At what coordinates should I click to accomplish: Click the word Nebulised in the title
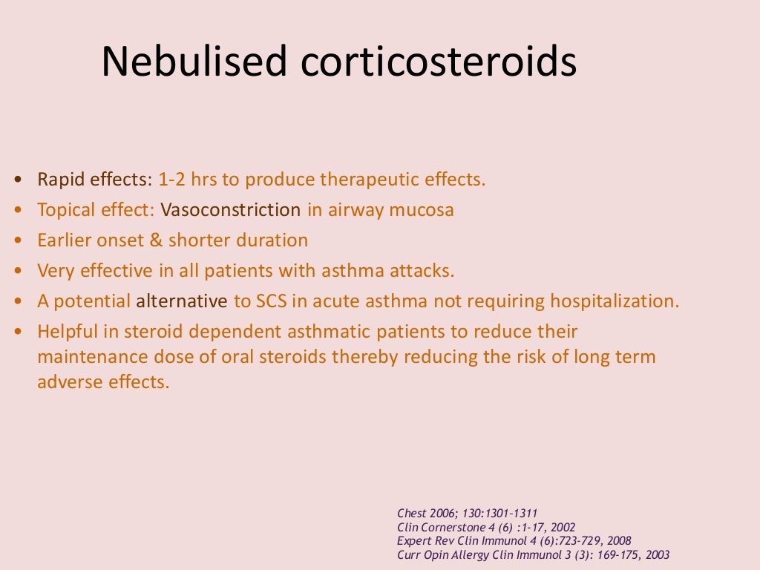[194, 62]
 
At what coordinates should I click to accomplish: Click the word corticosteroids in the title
[439, 62]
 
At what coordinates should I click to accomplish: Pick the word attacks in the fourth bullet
[426, 271]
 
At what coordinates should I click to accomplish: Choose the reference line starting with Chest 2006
[468, 513]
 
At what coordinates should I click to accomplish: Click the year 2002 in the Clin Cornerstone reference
[560, 527]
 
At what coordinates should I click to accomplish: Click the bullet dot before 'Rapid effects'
[18, 180]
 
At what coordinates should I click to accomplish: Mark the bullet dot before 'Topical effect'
[18, 211]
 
